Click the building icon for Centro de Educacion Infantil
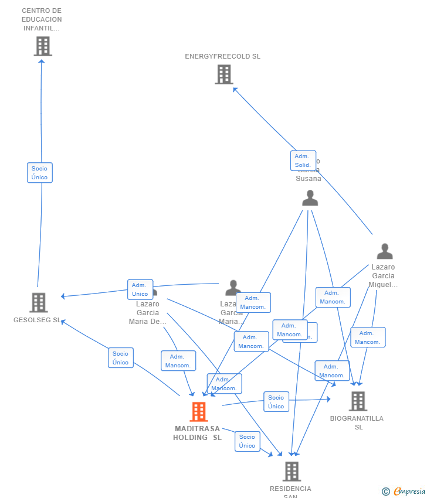[43, 46]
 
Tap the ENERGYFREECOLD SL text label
[222, 57]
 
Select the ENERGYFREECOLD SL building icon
[223, 74]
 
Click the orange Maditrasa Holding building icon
[199, 411]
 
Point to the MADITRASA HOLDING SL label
[197, 433]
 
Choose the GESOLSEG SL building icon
[39, 302]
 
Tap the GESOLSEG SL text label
[37, 320]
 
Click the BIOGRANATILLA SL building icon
[358, 401]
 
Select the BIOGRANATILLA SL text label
[357, 422]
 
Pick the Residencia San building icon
[292, 471]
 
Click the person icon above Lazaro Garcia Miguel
[385, 251]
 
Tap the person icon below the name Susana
[310, 198]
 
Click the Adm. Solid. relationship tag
[303, 161]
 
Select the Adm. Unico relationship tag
[140, 289]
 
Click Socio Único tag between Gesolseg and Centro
[40, 173]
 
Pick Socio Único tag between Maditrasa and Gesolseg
[121, 358]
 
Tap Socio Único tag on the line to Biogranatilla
[276, 402]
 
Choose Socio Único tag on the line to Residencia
[248, 441]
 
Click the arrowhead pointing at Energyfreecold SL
[235, 89]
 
